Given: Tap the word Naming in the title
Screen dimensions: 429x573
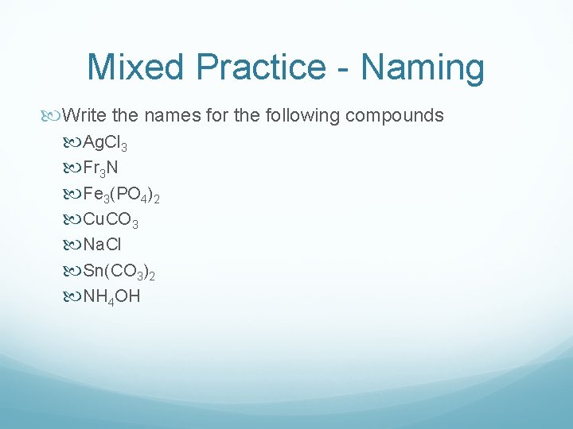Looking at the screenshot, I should pos(423,68).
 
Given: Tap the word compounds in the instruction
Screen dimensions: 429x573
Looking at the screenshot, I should pos(395,116).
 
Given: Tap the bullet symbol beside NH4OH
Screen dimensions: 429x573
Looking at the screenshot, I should pos(74,297).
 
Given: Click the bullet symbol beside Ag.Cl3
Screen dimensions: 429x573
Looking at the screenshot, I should pos(74,143).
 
